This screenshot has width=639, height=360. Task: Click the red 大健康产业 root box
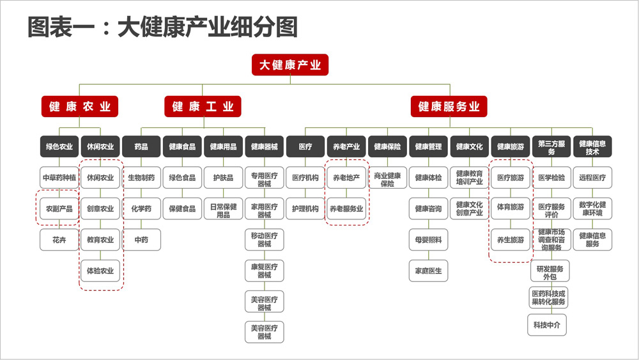289,65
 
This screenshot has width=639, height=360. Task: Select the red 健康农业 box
79,106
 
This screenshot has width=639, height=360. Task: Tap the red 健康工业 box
203,106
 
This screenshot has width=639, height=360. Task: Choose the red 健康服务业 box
449,106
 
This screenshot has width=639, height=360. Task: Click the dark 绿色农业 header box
59,146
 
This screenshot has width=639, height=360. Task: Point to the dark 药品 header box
141,146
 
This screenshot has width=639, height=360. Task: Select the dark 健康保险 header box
388,146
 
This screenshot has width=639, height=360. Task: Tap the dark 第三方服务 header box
551,146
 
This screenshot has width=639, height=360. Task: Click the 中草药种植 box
59,177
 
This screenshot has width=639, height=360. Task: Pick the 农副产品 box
59,208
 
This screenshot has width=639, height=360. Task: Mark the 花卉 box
59,240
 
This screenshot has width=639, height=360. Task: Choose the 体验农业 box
100,270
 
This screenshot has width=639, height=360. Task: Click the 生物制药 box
141,177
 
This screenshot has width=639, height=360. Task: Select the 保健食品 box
182,208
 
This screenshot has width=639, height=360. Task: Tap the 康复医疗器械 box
265,270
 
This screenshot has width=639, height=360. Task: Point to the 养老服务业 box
346,208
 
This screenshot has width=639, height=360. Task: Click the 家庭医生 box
428,270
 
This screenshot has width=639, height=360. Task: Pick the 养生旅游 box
511,240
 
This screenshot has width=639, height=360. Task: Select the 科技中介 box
547,325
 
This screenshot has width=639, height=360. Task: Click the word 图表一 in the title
61,27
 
